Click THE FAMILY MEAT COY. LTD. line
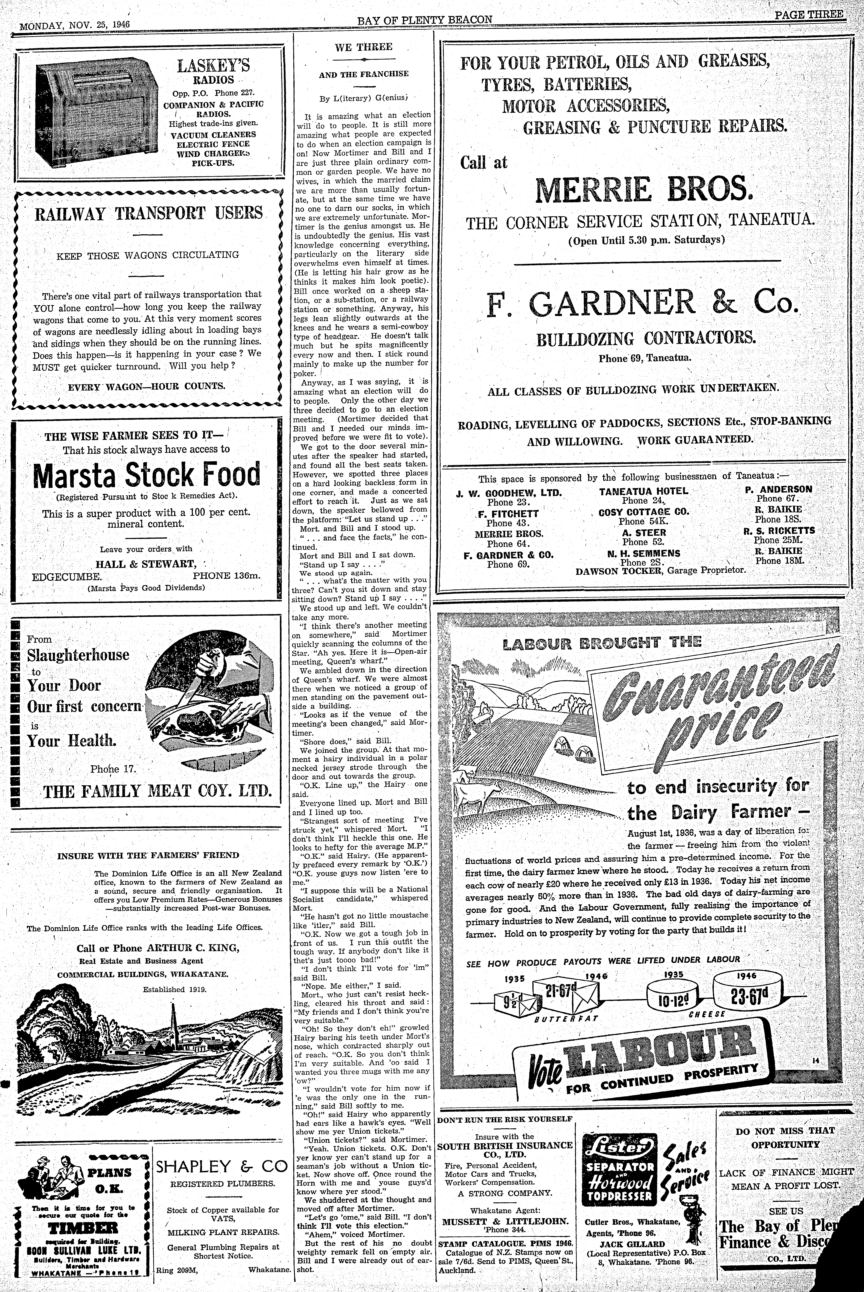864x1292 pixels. pyautogui.click(x=158, y=791)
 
